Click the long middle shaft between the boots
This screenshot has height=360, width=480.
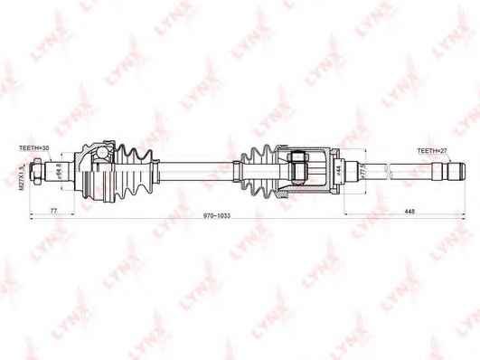194,167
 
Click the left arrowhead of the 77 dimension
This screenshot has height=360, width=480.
33,214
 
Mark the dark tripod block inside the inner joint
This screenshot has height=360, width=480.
298,167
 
